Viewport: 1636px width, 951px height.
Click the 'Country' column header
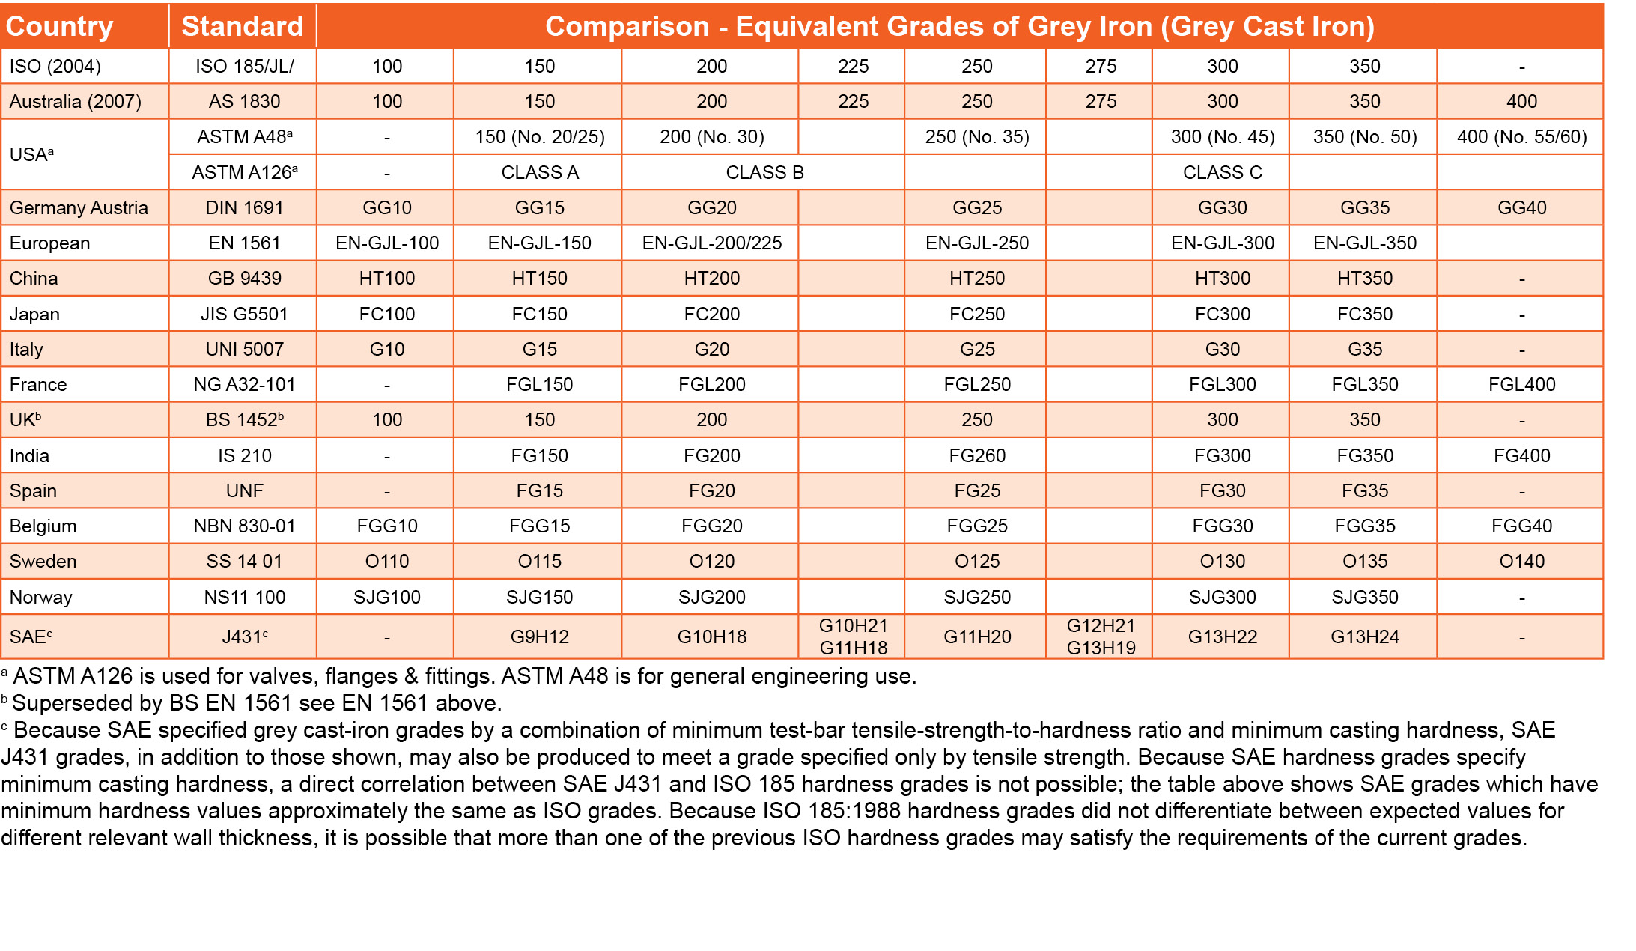[59, 27]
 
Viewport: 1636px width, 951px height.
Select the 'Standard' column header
[243, 27]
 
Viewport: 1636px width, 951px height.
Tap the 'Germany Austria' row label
[79, 208]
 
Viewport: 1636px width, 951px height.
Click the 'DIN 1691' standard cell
[244, 208]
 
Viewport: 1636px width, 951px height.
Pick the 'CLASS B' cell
[764, 173]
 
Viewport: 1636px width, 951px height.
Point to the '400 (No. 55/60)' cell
[1521, 137]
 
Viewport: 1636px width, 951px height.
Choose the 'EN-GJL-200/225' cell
[711, 243]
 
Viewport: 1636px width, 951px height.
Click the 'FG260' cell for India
[976, 456]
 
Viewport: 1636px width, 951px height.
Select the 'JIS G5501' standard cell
[244, 315]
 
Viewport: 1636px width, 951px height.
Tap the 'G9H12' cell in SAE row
[539, 637]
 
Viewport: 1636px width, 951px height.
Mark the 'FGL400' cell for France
[1521, 385]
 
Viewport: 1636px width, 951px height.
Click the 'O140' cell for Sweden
[1521, 562]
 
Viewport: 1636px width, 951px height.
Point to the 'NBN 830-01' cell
[244, 526]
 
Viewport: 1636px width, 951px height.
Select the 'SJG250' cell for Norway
[976, 598]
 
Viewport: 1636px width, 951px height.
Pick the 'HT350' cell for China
[1364, 279]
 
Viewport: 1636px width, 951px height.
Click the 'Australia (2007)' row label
[75, 102]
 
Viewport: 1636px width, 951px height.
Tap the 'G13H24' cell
[1364, 637]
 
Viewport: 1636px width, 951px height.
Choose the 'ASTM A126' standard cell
[244, 173]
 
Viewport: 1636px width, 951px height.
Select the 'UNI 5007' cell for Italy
[244, 350]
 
